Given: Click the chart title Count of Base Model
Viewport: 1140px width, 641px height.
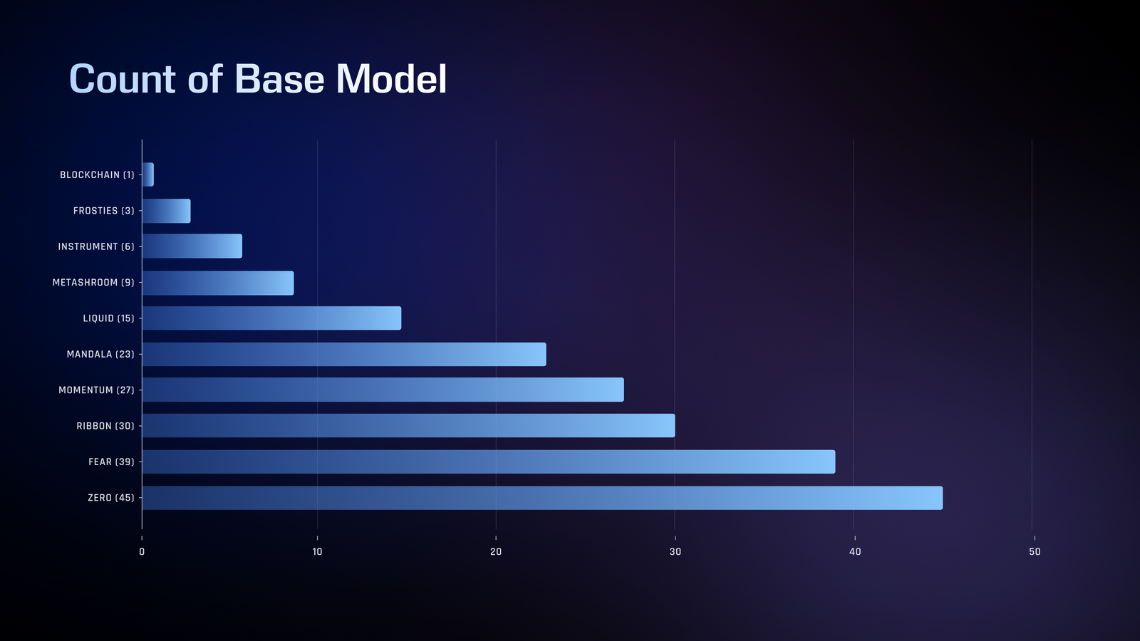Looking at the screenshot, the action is coord(258,79).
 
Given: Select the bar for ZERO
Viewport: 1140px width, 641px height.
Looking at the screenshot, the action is coord(542,498).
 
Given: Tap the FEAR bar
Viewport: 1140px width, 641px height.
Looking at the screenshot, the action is coord(489,462).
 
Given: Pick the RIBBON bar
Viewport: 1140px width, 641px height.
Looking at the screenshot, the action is coord(409,426).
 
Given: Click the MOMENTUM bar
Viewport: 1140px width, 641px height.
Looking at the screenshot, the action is coord(383,390).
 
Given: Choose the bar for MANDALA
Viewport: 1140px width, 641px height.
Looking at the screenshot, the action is coord(344,354).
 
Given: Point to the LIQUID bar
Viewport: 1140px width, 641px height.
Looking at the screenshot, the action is coord(271,318).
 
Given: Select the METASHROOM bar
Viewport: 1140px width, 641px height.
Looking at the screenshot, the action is coord(218,283).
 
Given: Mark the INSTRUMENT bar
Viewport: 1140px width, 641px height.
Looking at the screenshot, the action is coord(192,246).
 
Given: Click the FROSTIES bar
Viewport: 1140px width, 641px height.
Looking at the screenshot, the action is coord(167,211).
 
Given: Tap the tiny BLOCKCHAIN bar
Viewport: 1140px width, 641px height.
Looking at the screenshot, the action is coord(148,174).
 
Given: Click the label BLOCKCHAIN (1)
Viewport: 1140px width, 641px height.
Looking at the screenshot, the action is coord(97,175).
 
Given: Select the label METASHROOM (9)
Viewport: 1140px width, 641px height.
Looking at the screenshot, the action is coord(93,282).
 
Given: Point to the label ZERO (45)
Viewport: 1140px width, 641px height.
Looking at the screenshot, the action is coord(111,498).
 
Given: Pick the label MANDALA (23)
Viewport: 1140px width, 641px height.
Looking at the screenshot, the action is coord(100,354).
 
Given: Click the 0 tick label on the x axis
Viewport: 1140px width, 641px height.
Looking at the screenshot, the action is coord(142,552).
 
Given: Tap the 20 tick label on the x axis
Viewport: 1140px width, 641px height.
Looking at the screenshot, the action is coord(496,552).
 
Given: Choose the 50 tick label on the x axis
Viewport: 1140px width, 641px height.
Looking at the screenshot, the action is coord(1035,552).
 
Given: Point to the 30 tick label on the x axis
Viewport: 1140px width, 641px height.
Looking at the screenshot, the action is coord(675,552).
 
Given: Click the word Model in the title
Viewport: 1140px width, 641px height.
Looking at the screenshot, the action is coord(391,79).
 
